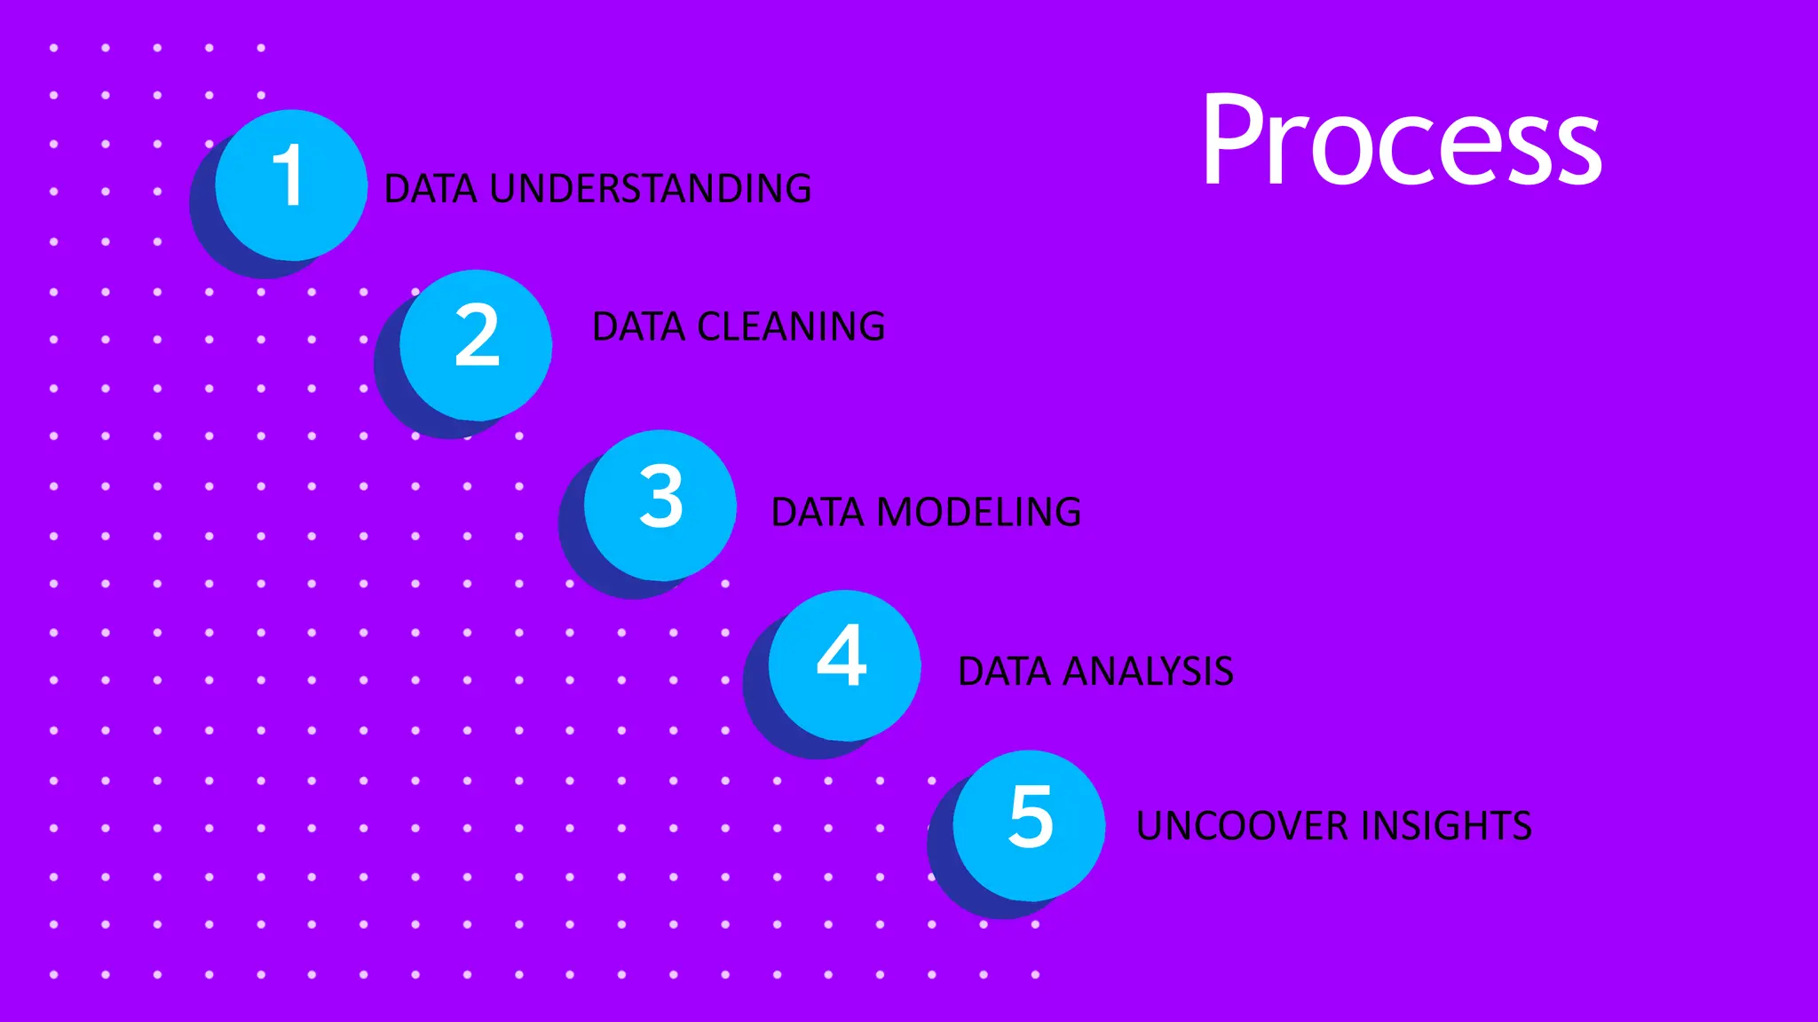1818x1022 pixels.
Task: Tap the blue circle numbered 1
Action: [x=291, y=185]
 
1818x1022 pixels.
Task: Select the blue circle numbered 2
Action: [x=476, y=344]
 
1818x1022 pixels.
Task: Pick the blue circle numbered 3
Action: [x=660, y=505]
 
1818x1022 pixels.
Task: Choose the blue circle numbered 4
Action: [x=844, y=665]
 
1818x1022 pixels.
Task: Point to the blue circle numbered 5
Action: [x=1029, y=825]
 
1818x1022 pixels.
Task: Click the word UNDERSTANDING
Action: [x=650, y=189]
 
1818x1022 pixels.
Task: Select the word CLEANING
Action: [x=791, y=327]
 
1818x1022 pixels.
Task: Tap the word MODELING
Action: [x=978, y=513]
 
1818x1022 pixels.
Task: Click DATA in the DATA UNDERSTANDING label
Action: [x=431, y=189]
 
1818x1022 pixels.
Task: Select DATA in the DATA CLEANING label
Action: [x=639, y=327]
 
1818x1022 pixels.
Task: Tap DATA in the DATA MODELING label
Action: [x=818, y=513]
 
